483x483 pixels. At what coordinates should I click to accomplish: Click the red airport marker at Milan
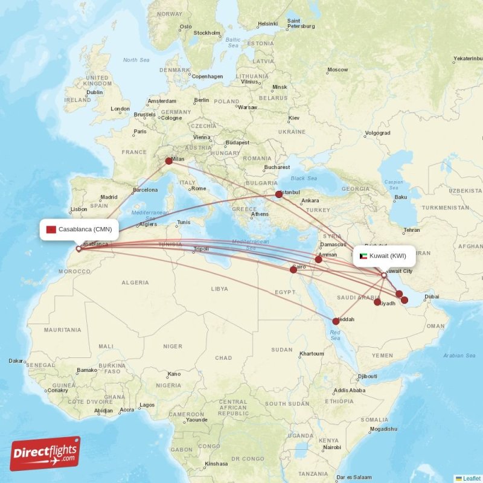coord(169,161)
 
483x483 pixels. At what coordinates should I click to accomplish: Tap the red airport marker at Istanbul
coord(279,194)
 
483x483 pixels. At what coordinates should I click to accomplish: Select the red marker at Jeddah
coord(336,322)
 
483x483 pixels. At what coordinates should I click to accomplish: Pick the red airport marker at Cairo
coord(293,270)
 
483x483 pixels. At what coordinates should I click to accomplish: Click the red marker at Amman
coord(319,259)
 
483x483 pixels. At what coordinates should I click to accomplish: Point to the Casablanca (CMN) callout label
coord(79,229)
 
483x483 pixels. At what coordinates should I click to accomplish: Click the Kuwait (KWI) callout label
coord(383,256)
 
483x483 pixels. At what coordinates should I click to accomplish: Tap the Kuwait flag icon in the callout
coord(362,256)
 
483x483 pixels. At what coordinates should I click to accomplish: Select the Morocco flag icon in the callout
coord(51,229)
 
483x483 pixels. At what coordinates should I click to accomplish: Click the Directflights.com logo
coord(45,453)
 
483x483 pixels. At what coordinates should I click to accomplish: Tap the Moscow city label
coord(337,70)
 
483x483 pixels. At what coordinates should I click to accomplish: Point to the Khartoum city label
coord(312,354)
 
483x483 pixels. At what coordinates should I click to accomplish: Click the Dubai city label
coord(432,296)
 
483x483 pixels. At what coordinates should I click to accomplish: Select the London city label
coord(120,109)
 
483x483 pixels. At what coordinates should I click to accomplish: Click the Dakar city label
coord(16,361)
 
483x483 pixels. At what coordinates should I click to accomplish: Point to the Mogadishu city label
coord(383,429)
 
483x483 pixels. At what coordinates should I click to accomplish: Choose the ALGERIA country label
coord(135,283)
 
